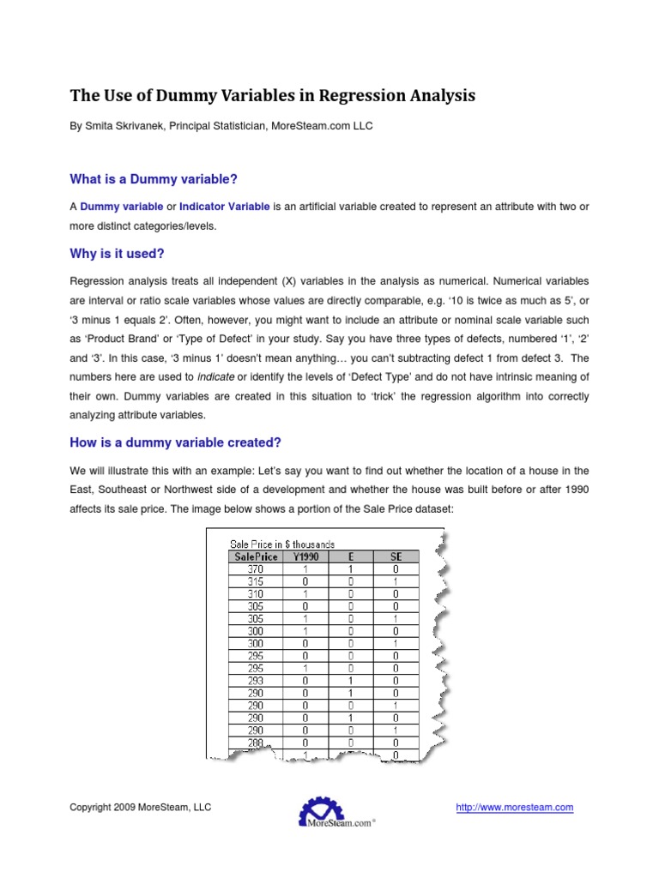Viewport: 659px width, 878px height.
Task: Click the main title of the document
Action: tap(272, 95)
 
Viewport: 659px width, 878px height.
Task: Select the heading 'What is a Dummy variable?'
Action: tap(153, 178)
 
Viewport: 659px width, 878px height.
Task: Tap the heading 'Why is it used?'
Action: tap(116, 254)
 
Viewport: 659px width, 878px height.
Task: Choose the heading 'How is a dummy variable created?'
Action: tap(175, 442)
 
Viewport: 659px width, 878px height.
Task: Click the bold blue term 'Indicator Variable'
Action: tap(224, 207)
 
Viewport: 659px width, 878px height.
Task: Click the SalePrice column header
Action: tap(256, 556)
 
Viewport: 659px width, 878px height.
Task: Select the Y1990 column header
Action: tap(305, 556)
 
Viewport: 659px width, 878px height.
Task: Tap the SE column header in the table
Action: tap(395, 556)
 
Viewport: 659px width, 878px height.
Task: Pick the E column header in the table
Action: tap(350, 556)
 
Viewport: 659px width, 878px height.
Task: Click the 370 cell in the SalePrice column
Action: tap(256, 568)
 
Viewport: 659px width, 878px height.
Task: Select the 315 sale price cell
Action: tap(256, 580)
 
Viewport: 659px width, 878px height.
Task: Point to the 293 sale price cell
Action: tap(256, 682)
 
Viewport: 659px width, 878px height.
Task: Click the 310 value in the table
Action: tap(256, 592)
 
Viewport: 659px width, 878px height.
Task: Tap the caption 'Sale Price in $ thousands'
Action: tap(282, 544)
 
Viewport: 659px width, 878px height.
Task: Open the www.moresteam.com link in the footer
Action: tap(514, 807)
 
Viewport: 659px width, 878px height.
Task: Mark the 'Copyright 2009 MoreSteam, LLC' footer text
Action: tap(140, 807)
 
